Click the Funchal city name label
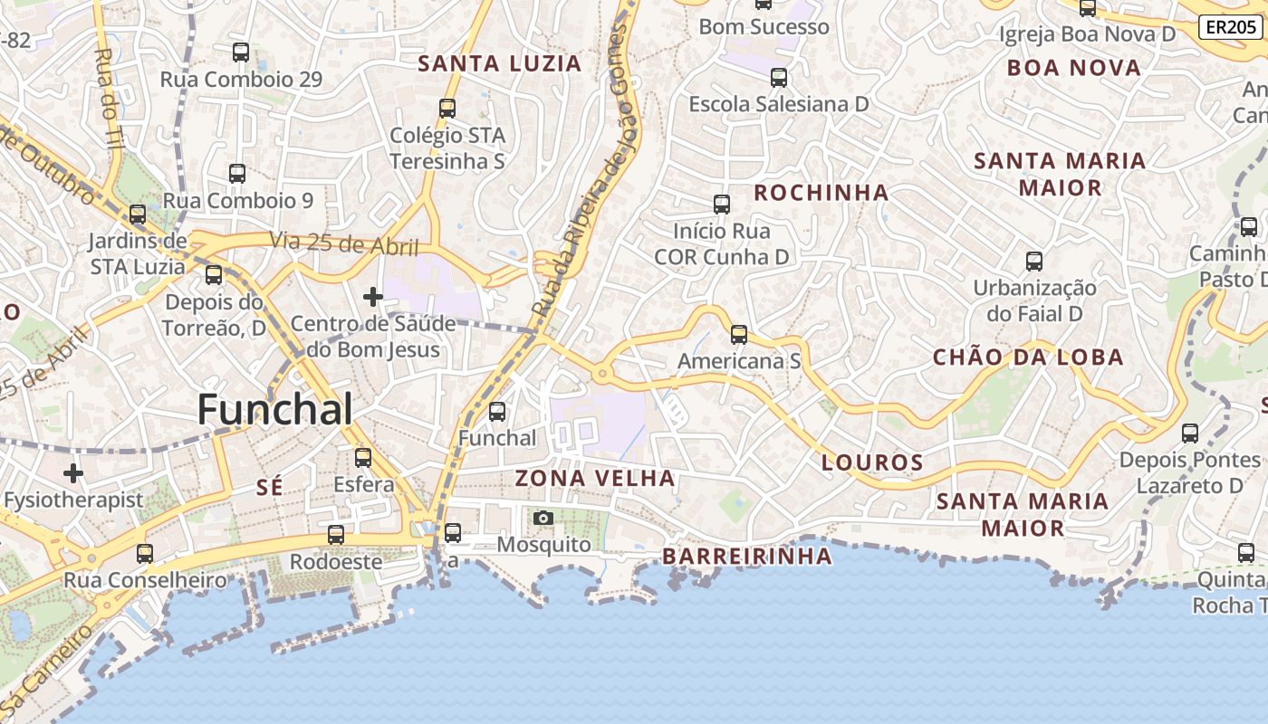(274, 410)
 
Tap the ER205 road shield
(1232, 27)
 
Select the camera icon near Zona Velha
(543, 518)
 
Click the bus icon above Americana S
(739, 335)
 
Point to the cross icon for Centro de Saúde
(372, 296)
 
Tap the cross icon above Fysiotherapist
(73, 472)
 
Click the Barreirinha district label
(747, 556)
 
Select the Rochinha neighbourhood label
(821, 193)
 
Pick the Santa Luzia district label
(499, 63)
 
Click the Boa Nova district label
(1074, 68)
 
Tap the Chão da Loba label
(1028, 357)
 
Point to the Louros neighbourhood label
(872, 462)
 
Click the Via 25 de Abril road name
(344, 243)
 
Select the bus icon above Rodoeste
(336, 534)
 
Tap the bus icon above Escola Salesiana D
(778, 77)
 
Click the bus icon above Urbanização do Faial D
(1034, 262)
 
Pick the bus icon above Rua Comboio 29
(240, 52)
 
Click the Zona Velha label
(595, 478)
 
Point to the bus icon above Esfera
(363, 457)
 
